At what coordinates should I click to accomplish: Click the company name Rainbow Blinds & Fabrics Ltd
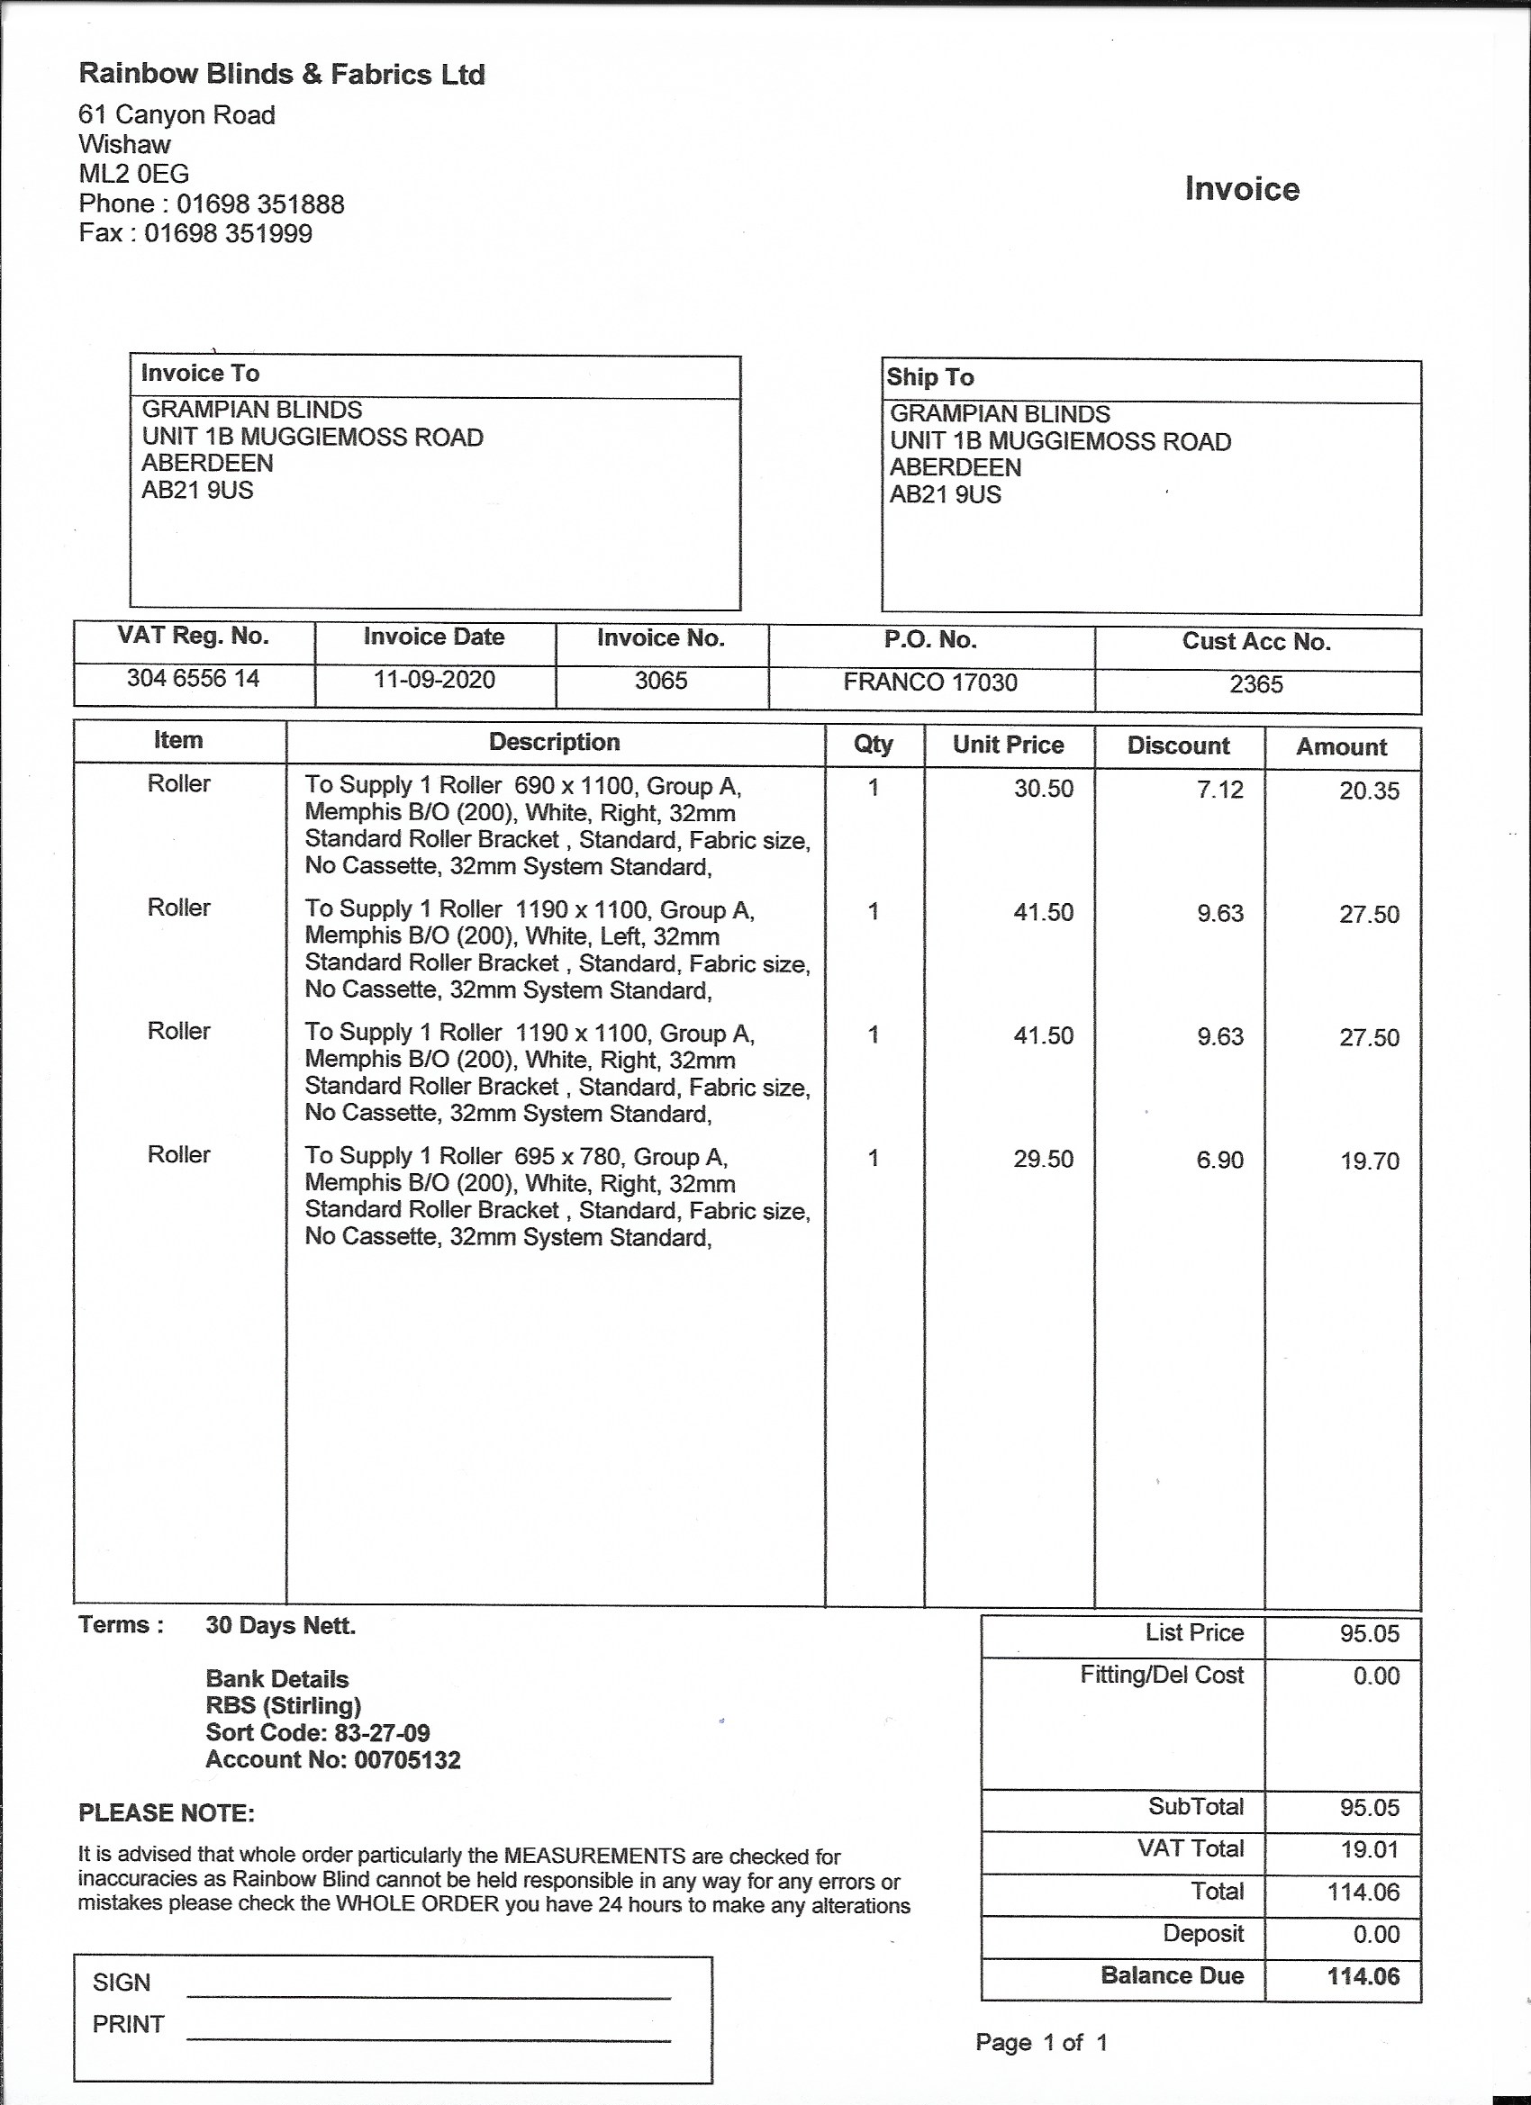[281, 74]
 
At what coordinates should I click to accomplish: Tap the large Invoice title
[1241, 188]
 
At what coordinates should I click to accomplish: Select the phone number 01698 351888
[260, 204]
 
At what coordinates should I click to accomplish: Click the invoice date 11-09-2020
[433, 680]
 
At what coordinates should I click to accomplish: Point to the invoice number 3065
[660, 681]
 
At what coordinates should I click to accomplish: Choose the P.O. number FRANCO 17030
[929, 682]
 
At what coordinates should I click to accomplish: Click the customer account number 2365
[1255, 684]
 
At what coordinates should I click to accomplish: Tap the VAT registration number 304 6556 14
[193, 679]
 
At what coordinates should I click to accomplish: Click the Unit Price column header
[1008, 745]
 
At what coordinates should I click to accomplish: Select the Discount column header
[1177, 745]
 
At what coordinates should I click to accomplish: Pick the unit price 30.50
[1043, 789]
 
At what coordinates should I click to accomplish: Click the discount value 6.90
[1219, 1160]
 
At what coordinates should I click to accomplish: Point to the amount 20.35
[1369, 791]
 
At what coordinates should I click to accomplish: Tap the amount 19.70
[1369, 1161]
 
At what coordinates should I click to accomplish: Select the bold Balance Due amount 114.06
[1362, 1976]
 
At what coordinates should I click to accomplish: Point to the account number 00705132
[408, 1760]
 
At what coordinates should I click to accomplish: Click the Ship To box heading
[929, 377]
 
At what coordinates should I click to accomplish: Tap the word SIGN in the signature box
[121, 1983]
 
